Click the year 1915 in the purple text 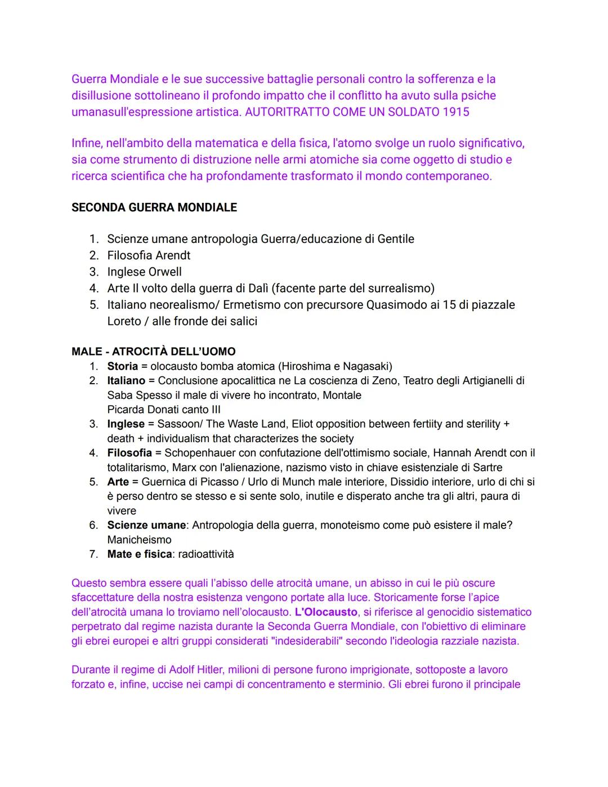tap(456, 112)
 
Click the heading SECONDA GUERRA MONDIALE tap(154, 207)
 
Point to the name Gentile tap(396, 239)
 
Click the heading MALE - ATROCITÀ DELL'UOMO tap(154, 352)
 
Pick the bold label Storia tap(123, 366)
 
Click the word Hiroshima tap(306, 366)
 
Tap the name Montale tap(342, 395)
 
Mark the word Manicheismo tap(140, 540)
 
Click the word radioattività tap(206, 554)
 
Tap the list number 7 tap(93, 554)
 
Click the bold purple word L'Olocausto tap(326, 612)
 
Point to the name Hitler tap(208, 670)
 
